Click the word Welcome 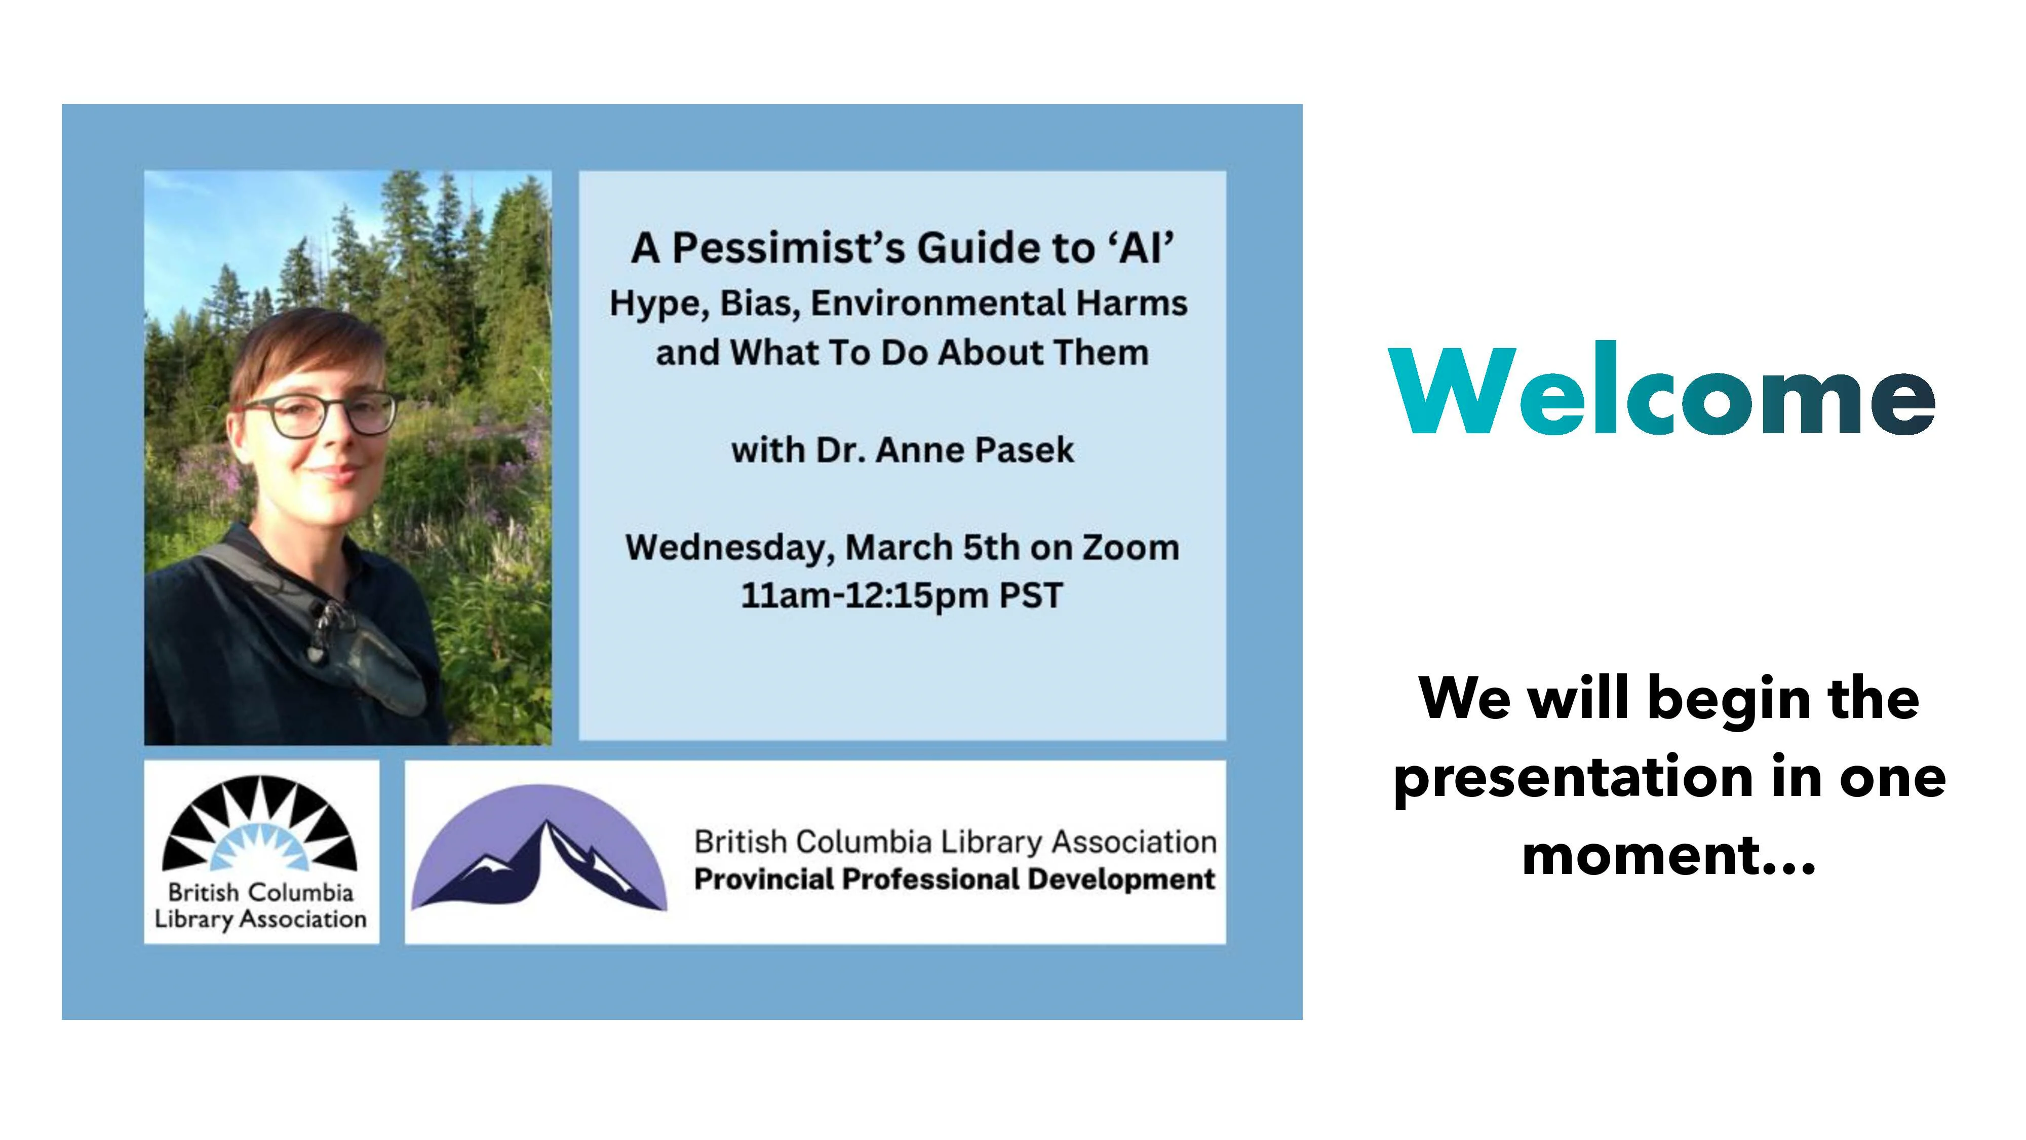pos(1662,388)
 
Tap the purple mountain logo pos(539,848)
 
